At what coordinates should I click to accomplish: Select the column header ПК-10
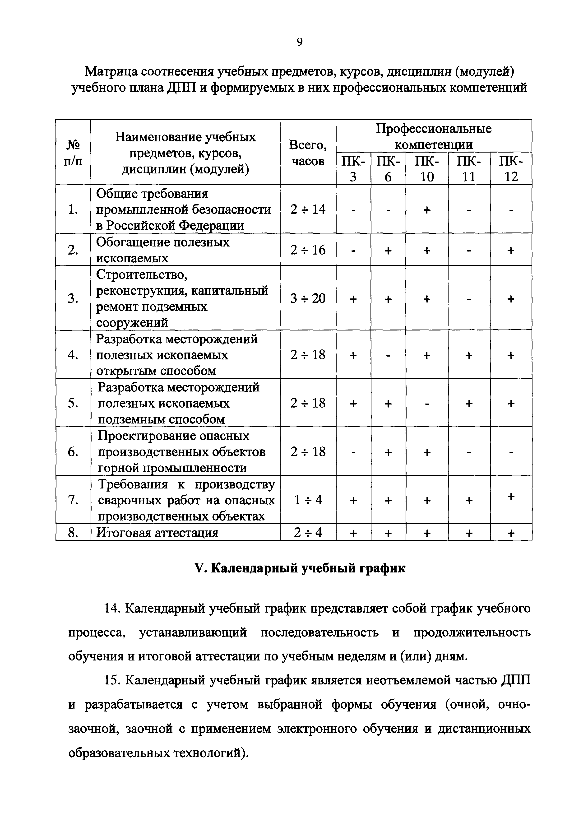click(x=426, y=168)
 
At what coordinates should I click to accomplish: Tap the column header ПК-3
click(x=353, y=168)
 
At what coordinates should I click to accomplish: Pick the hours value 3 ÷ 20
click(x=308, y=298)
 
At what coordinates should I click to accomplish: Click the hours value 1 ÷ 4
click(x=308, y=500)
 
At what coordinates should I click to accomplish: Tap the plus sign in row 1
click(x=426, y=209)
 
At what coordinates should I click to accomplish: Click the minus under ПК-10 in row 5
click(x=426, y=403)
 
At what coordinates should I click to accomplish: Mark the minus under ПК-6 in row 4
click(x=388, y=355)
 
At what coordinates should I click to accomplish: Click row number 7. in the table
click(x=73, y=500)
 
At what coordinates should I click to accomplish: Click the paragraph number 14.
click(x=112, y=609)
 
